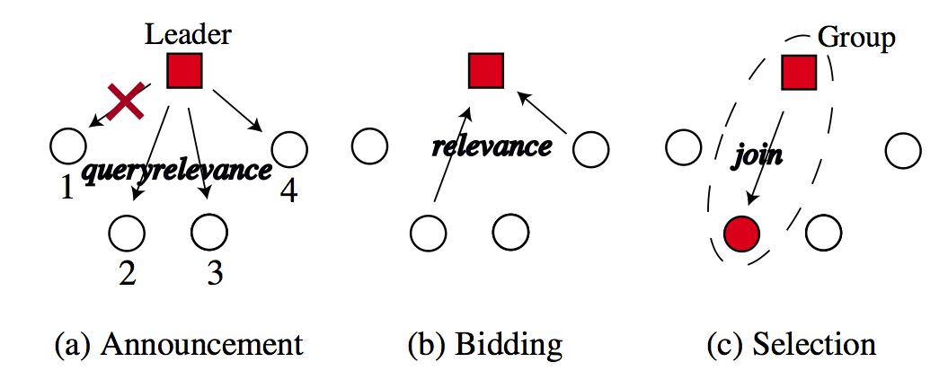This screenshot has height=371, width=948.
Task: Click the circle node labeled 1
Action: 67,145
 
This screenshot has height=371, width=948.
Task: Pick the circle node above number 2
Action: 127,234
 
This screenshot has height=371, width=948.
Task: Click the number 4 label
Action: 288,191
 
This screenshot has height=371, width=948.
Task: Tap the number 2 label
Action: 128,273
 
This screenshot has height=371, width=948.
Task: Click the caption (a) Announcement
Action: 178,344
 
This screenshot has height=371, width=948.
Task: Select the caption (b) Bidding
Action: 485,344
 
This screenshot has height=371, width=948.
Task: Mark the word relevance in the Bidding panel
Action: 492,147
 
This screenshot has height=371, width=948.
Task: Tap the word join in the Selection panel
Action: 757,154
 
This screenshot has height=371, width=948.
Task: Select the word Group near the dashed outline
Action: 856,39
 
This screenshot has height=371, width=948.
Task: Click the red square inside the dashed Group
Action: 798,72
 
